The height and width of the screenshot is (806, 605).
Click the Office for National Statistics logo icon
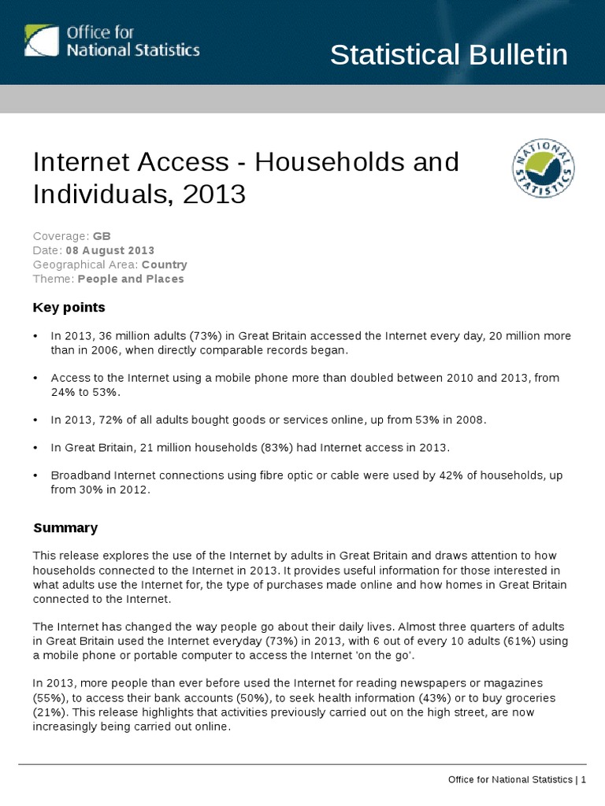(42, 40)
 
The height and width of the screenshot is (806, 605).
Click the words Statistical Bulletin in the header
(448, 55)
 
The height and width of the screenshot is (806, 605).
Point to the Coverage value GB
(102, 236)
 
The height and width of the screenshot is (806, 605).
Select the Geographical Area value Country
(164, 264)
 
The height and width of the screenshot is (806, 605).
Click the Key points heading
(69, 307)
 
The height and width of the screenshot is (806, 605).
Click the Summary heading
(65, 527)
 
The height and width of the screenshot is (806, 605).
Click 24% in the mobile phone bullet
(63, 391)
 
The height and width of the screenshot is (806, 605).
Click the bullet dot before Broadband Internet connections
(36, 476)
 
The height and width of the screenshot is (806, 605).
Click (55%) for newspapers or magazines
(45, 698)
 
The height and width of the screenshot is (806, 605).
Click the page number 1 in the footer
(584, 779)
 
